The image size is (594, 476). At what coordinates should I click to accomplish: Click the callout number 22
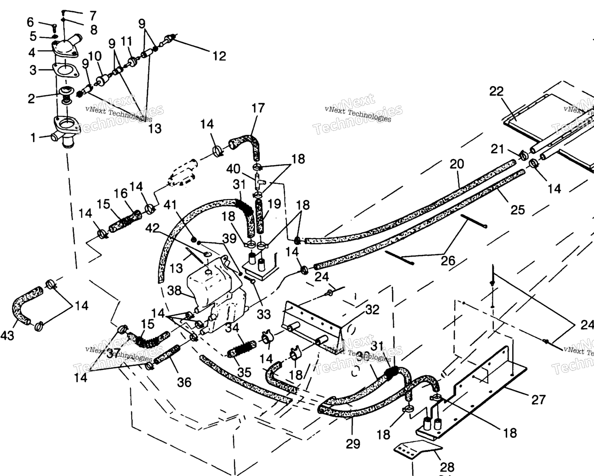[496, 91]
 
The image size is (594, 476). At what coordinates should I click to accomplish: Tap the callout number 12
[219, 56]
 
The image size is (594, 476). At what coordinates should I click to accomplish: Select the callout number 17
[258, 108]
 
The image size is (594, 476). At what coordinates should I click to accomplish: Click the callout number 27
[538, 399]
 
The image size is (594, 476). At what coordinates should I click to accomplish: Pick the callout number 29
[353, 444]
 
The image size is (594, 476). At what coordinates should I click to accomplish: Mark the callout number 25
[517, 210]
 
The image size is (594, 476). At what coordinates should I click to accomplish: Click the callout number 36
[184, 382]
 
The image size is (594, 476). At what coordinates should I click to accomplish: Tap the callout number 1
[33, 137]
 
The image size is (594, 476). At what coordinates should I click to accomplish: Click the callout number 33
[264, 314]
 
